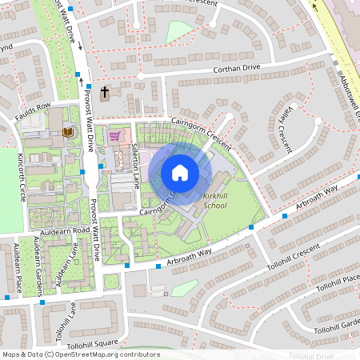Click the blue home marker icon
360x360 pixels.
tap(180, 173)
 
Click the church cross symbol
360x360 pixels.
tap(105, 93)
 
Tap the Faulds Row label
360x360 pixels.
tap(33, 106)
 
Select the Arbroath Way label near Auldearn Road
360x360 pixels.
tap(174, 258)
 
